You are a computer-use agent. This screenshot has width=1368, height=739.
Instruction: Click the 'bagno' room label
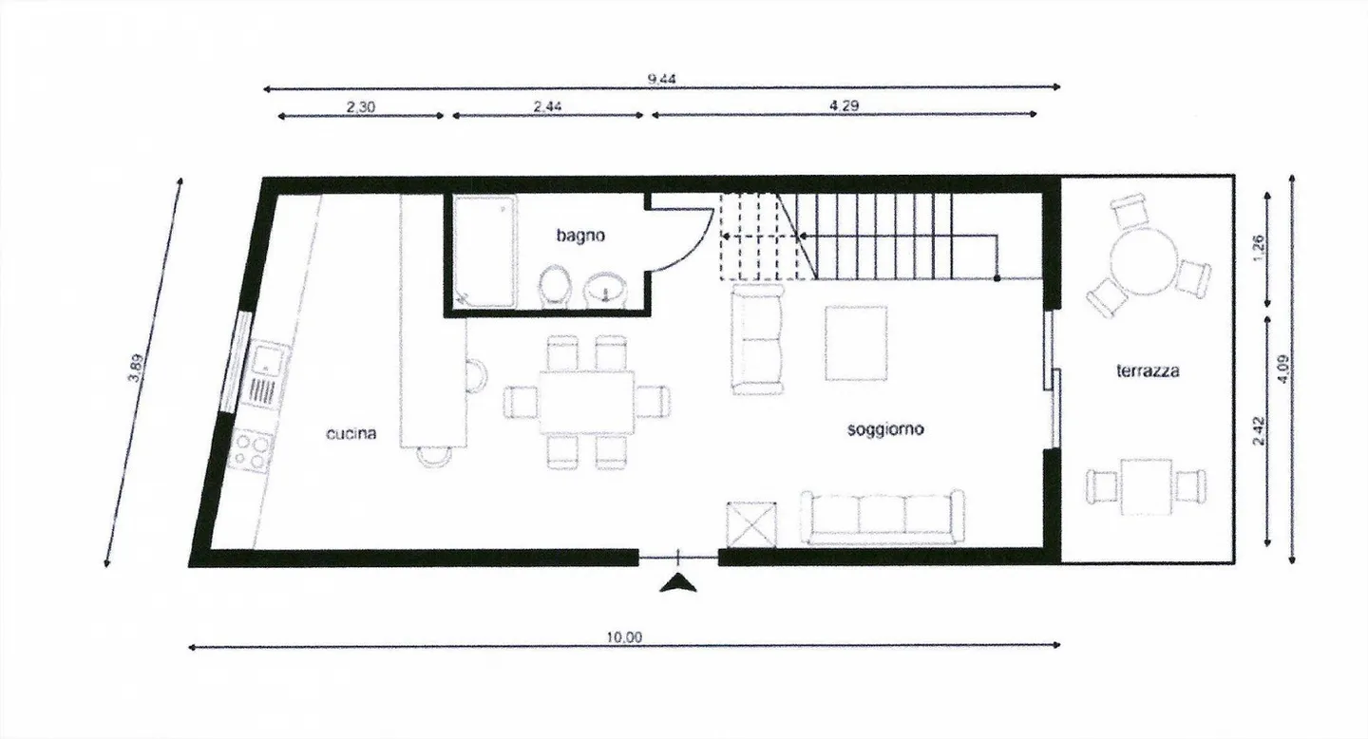click(x=580, y=235)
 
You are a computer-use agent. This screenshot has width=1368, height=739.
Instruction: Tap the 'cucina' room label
click(x=351, y=434)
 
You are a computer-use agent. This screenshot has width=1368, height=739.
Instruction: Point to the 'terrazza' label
click(x=1148, y=371)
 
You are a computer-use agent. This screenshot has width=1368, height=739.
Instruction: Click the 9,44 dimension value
click(x=661, y=80)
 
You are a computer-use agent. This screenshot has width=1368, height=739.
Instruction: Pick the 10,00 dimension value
click(x=623, y=637)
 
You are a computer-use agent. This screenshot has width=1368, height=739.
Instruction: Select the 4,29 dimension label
click(x=844, y=106)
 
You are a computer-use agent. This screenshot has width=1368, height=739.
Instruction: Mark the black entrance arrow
click(x=677, y=583)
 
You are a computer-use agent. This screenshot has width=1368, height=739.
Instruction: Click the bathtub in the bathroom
click(x=484, y=251)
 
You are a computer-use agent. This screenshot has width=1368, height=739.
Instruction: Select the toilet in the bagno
click(x=554, y=286)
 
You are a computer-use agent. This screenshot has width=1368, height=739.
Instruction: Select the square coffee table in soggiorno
click(x=856, y=343)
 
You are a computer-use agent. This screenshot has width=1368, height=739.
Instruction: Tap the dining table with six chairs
click(x=586, y=402)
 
